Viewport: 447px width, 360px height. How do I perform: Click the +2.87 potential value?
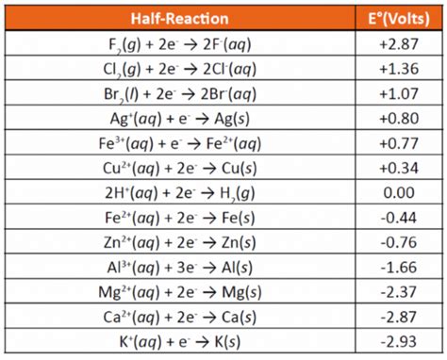[396, 43]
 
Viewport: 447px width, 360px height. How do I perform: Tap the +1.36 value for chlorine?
[396, 68]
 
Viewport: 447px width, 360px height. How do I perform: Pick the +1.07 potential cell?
[396, 92]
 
